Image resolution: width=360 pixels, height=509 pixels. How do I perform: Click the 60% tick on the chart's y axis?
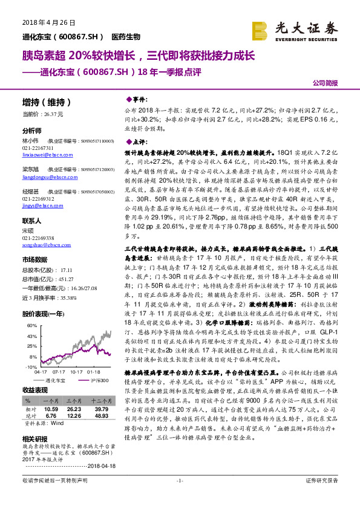[x=29, y=325]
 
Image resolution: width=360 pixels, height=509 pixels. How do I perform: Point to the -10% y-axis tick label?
[x=29, y=366]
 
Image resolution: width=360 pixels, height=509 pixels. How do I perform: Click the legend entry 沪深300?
[x=100, y=380]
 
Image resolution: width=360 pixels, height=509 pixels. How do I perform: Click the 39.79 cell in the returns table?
[x=101, y=409]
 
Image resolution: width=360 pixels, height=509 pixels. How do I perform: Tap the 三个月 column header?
[x=75, y=401]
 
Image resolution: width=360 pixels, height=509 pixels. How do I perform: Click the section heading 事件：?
[x=139, y=98]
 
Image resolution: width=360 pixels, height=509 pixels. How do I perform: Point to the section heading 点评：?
[x=139, y=141]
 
